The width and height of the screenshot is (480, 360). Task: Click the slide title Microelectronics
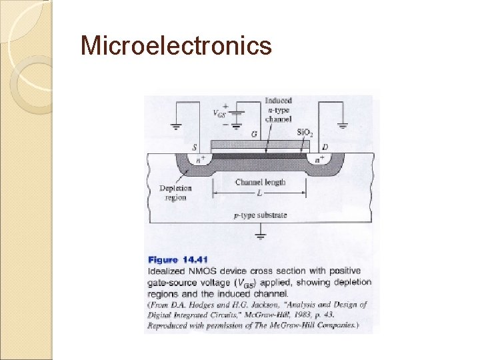[176, 45]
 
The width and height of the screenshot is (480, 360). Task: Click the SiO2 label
[305, 133]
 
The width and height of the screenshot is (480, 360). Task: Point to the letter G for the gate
[254, 134]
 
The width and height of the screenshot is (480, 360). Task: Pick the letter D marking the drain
[325, 146]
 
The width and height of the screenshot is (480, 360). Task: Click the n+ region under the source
[199, 160]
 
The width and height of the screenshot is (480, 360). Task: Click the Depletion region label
[176, 193]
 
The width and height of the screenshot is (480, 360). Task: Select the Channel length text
[260, 182]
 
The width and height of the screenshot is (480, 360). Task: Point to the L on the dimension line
[259, 193]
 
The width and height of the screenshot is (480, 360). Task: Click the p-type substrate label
[260, 215]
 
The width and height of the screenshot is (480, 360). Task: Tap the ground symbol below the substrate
[260, 234]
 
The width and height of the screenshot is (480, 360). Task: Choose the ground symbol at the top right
[343, 125]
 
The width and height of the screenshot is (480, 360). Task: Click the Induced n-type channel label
[278, 110]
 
